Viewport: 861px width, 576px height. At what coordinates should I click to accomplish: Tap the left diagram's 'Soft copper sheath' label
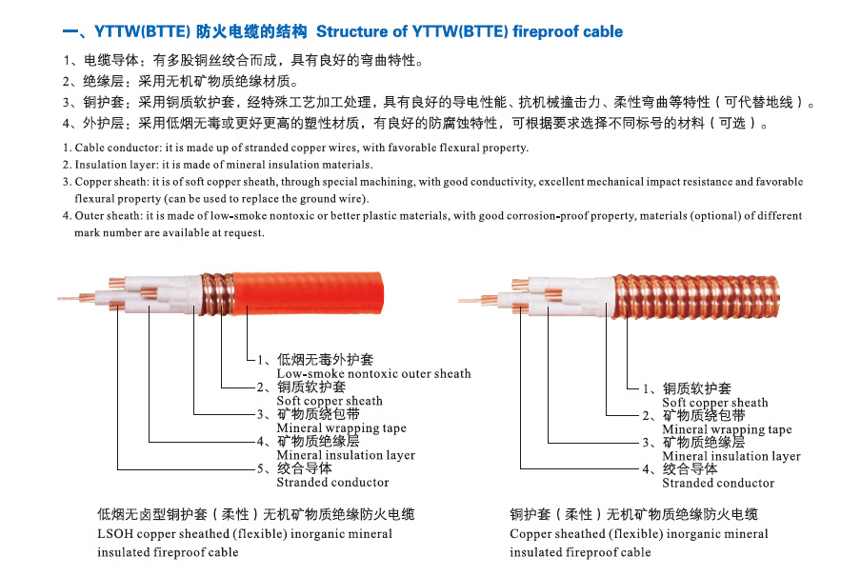(x=330, y=401)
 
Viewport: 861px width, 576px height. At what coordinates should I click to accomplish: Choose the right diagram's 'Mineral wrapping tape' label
(x=727, y=429)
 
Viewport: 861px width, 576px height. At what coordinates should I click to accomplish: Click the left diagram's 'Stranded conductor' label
(x=332, y=483)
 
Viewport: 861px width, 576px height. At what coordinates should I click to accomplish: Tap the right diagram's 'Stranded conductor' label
(x=718, y=484)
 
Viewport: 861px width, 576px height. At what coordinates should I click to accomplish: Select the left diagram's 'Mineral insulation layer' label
(x=346, y=455)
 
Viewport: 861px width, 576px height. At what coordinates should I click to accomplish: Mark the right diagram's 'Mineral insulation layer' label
(x=731, y=456)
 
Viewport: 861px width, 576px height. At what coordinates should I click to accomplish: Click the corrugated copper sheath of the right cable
(x=705, y=295)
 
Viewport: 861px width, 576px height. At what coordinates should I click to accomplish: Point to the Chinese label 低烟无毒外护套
(x=325, y=360)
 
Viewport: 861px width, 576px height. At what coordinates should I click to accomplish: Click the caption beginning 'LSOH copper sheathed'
(x=245, y=534)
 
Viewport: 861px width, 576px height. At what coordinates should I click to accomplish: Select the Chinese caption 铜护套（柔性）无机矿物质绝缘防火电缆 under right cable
(x=633, y=514)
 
